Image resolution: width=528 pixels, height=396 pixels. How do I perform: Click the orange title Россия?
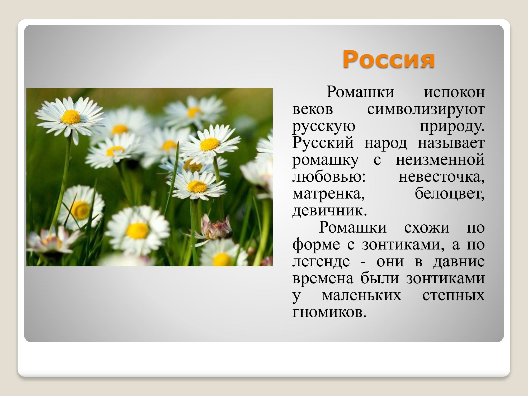pos(388,59)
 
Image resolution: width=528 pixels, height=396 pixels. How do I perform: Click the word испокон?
pos(454,92)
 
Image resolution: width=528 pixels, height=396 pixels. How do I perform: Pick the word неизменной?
pos(440,160)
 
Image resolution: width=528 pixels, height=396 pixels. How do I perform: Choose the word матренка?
pos(329,194)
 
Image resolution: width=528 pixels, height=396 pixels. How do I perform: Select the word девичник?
pos(329,211)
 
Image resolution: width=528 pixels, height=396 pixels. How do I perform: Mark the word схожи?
pos(427,228)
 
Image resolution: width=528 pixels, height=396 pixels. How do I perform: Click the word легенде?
pos(321,262)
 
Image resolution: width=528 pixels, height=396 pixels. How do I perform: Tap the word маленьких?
pos(361,295)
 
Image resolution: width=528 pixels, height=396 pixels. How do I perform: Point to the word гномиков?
pos(329,313)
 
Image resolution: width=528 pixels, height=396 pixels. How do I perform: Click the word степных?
pos(453,295)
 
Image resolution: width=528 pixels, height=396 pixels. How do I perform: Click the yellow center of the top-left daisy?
pos(71,117)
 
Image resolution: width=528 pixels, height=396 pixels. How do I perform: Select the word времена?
pos(323,279)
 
